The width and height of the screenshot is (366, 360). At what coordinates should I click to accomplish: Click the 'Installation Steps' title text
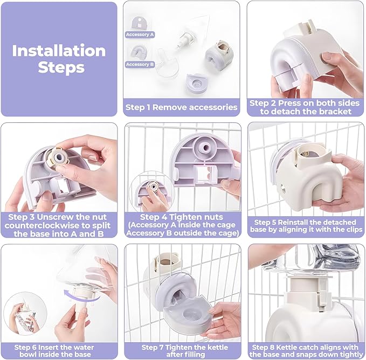pyautogui.click(x=59, y=59)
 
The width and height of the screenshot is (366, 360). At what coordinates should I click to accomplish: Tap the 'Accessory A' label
pyautogui.click(x=140, y=34)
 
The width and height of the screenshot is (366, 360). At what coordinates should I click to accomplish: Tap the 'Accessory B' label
pyautogui.click(x=140, y=64)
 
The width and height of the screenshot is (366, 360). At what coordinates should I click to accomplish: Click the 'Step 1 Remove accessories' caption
pyautogui.click(x=181, y=107)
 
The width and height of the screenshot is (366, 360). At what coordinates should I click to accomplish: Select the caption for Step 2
pyautogui.click(x=305, y=107)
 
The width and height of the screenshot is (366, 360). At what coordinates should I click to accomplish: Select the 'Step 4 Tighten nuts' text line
pyautogui.click(x=181, y=217)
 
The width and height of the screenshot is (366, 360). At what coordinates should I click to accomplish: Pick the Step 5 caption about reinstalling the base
pyautogui.click(x=306, y=226)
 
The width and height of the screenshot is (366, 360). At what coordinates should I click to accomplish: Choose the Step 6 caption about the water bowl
pyautogui.click(x=54, y=351)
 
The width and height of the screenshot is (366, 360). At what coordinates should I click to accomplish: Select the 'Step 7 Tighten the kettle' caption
pyautogui.click(x=185, y=351)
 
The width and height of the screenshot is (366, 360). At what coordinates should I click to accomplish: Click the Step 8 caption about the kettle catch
pyautogui.click(x=306, y=351)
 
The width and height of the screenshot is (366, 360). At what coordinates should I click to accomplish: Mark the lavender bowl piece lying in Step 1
pyautogui.click(x=197, y=83)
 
